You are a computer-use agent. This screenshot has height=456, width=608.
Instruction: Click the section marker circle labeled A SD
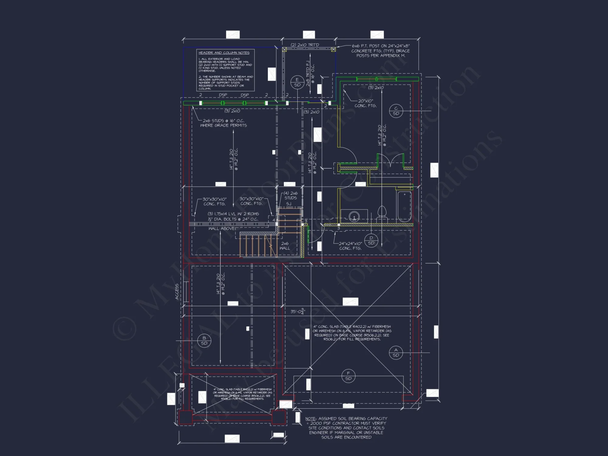[x=396, y=353]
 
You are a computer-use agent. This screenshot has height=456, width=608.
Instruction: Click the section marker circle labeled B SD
[x=204, y=340]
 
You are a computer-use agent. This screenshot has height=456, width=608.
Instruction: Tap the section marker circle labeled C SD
[x=396, y=111]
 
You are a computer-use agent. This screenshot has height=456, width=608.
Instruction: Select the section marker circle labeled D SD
[x=371, y=240]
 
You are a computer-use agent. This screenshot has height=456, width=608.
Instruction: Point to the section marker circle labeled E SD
[x=297, y=82]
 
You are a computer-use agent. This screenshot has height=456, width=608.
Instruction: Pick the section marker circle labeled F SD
[x=348, y=376]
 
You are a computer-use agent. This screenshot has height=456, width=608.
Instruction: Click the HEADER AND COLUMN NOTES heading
[x=224, y=53]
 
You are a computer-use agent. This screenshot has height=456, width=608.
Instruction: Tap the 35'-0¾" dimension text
[x=298, y=311]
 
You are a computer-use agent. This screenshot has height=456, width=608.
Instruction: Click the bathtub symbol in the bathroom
[x=404, y=206]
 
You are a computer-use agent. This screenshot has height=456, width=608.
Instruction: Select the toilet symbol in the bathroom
[x=382, y=213]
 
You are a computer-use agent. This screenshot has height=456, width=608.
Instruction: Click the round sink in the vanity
[x=354, y=217]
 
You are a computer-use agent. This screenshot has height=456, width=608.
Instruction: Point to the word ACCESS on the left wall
[x=177, y=292]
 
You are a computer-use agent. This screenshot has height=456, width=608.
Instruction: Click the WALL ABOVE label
[x=221, y=228]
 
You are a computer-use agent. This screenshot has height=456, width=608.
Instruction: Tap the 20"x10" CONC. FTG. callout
[x=365, y=103]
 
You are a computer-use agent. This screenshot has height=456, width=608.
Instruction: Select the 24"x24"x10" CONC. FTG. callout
[x=350, y=246]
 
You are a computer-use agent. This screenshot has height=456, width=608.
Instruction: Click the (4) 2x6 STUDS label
[x=291, y=195]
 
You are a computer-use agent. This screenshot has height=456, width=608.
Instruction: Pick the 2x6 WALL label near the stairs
[x=285, y=246]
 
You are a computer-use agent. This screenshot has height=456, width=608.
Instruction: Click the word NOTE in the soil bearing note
[x=310, y=419]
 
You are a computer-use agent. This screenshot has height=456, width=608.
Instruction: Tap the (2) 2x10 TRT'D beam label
[x=305, y=45]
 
